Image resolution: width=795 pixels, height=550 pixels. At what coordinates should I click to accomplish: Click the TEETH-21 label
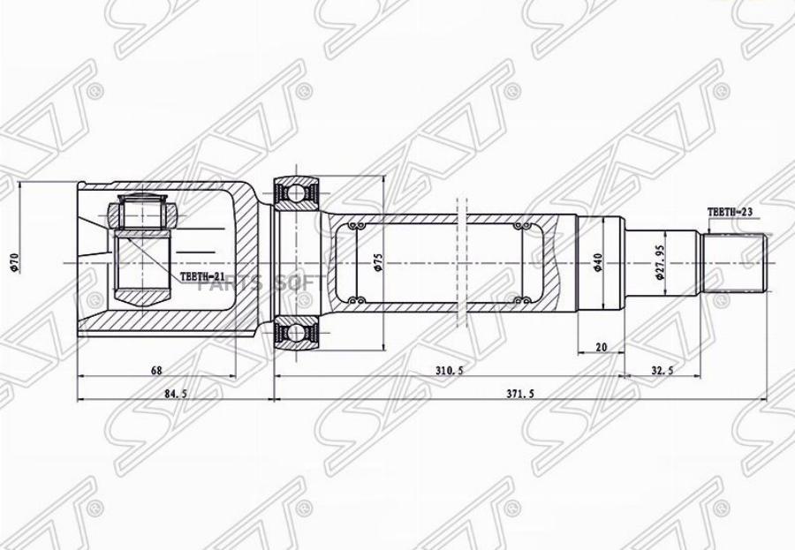pos(204,277)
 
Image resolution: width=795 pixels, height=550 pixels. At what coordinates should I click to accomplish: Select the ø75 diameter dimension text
pos(378,262)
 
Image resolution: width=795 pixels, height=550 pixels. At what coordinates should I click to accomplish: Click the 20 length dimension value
pos(602,348)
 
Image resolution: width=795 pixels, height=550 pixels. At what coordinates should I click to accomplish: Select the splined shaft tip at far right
pos(735,262)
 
